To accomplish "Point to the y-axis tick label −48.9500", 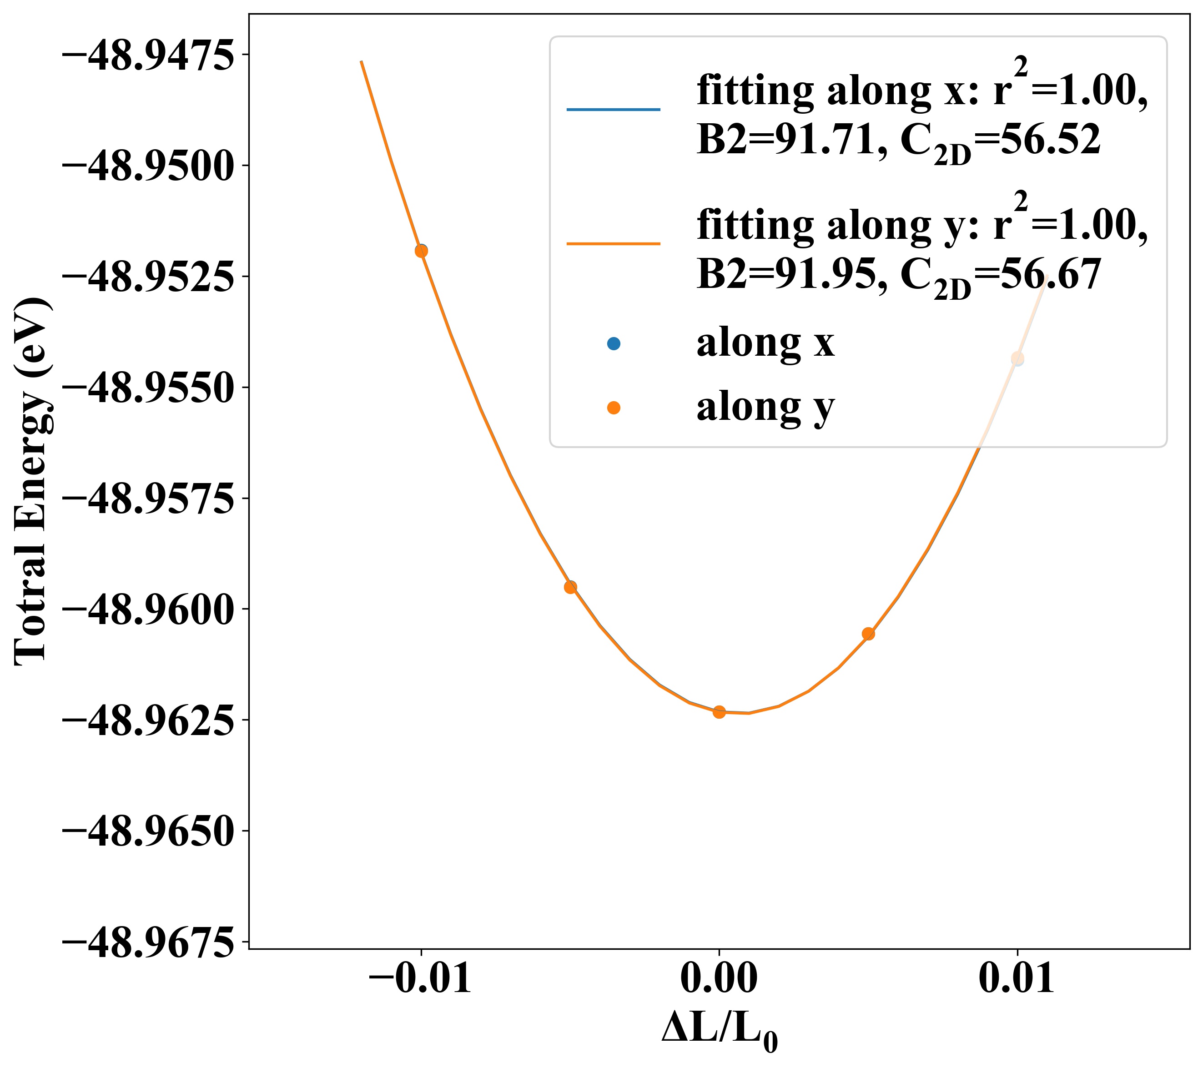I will (x=147, y=168).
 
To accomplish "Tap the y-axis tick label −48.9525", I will (x=147, y=279).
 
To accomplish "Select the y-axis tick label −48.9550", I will (x=147, y=390).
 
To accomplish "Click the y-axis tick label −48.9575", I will (x=147, y=500).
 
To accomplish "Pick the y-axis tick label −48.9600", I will (x=147, y=611).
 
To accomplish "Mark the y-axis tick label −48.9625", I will (x=147, y=722).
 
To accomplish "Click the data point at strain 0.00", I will (x=719, y=712).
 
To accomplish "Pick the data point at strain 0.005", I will (x=868, y=634).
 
